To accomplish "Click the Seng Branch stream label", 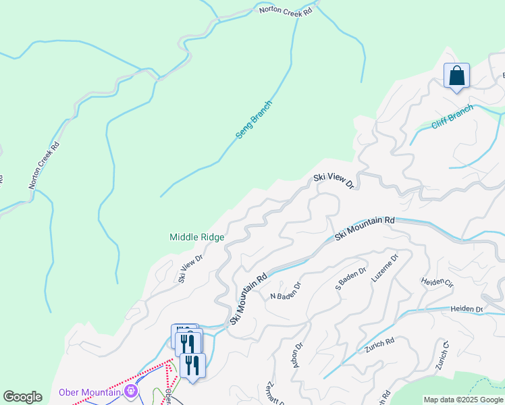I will (253, 120).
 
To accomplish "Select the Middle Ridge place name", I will (196, 237).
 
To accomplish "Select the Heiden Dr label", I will (470, 309).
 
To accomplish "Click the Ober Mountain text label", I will (89, 392).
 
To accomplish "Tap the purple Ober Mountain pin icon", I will (131, 391).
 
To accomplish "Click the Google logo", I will (22, 397).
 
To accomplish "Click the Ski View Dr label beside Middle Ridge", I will (191, 268).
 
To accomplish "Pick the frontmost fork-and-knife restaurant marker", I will (192, 367).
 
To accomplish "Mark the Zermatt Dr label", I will (275, 391).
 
